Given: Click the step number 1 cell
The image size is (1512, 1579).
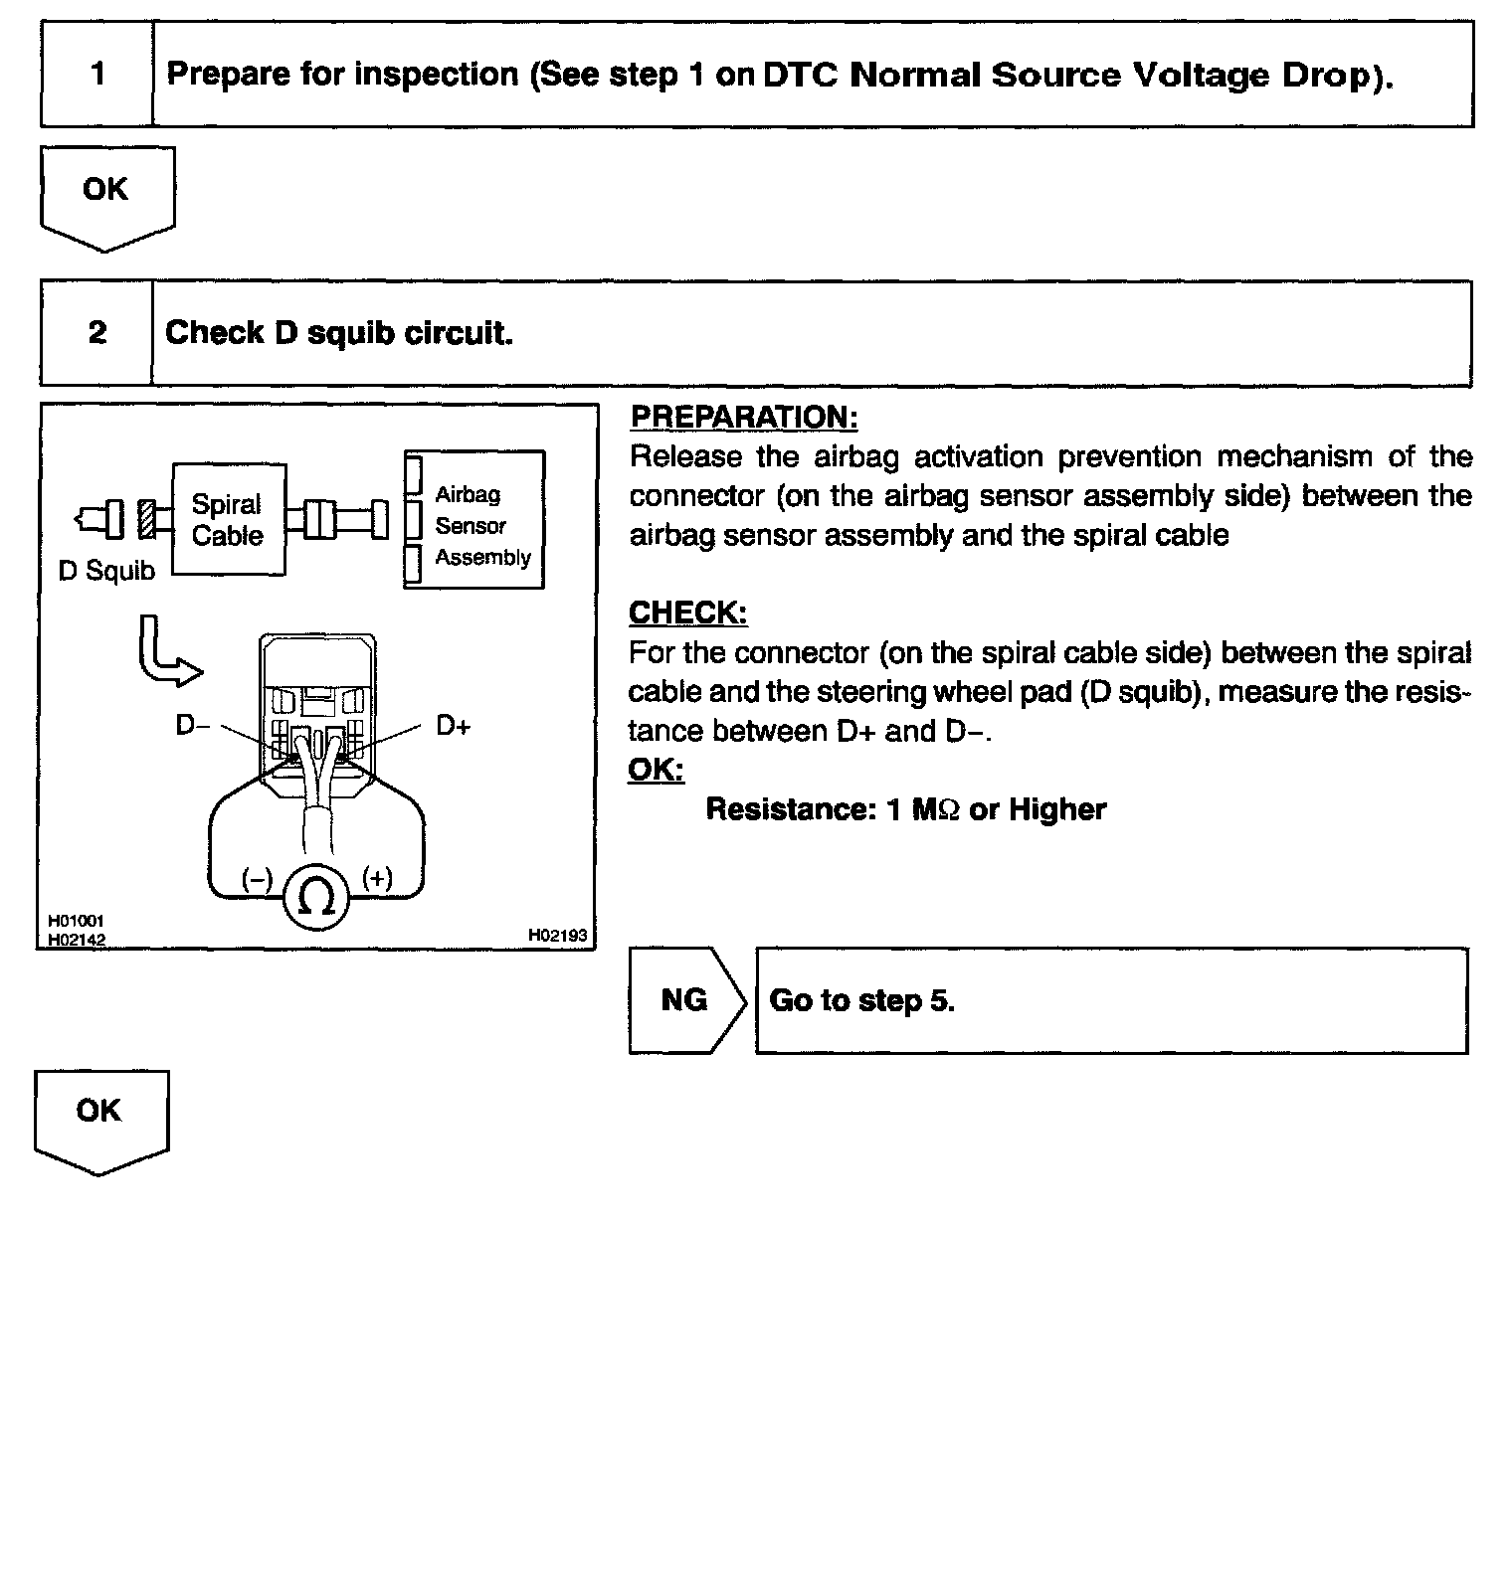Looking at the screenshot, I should coord(97,75).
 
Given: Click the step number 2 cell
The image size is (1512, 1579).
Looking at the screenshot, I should coord(96,333).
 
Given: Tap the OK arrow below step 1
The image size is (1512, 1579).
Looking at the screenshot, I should coord(106,195).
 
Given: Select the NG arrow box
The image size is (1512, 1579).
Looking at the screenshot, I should coord(685,1000).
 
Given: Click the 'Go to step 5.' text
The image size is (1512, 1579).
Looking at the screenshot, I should coord(861,1000).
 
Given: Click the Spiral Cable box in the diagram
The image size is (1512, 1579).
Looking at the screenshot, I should coord(229,520).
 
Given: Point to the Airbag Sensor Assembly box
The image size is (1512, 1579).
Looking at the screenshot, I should coord(474,520).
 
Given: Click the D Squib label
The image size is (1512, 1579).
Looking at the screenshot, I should coord(106,572).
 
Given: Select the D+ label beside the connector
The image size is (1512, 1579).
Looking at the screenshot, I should coord(453,727).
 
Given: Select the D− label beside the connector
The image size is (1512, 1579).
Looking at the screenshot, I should coord(193,727).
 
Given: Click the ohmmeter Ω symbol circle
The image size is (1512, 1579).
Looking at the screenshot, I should coord(316,899).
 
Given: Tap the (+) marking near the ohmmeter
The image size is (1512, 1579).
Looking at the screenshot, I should coord(377,878).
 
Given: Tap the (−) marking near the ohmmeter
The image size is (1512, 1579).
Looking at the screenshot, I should coord(257,879).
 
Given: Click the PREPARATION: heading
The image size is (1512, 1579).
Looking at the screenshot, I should coord(744,418).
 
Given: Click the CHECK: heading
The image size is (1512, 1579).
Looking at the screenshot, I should coord(687,614).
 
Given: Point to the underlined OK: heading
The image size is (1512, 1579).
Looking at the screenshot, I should coord(656,770).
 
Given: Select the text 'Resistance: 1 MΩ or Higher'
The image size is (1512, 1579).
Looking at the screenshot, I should coord(905,809).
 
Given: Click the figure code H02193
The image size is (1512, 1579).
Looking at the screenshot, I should coord(557,936).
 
